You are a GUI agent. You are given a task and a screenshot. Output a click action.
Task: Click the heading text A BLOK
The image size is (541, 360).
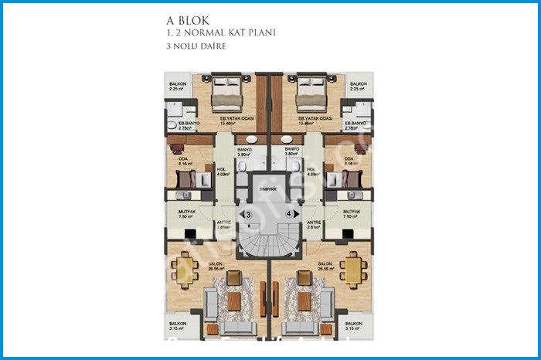click(189, 21)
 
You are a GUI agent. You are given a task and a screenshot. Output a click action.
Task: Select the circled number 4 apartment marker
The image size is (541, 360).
click(289, 214)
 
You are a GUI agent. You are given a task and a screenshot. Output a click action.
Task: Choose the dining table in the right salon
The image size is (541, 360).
click(352, 270)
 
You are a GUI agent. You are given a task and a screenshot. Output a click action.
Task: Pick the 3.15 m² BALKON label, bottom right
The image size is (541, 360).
click(355, 327)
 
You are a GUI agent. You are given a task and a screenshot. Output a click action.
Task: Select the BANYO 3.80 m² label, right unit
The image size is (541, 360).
click(291, 151)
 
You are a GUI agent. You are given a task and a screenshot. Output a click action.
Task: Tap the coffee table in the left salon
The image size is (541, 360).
click(234, 301)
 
